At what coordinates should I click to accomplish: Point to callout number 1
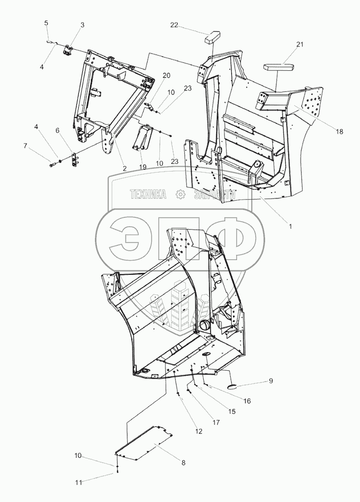pyautogui.click(x=290, y=227)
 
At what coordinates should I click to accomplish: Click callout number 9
pyautogui.click(x=270, y=381)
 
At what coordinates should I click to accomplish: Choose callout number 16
pyautogui.click(x=247, y=401)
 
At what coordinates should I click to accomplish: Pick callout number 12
pyautogui.click(x=199, y=431)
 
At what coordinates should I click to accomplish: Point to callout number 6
pyautogui.click(x=57, y=130)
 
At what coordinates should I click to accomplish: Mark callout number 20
pyautogui.click(x=166, y=75)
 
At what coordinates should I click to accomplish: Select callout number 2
pyautogui.click(x=124, y=168)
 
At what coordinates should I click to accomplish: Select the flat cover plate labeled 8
pyautogui.click(x=145, y=443)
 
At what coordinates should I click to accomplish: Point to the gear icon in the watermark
pyautogui.click(x=180, y=195)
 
